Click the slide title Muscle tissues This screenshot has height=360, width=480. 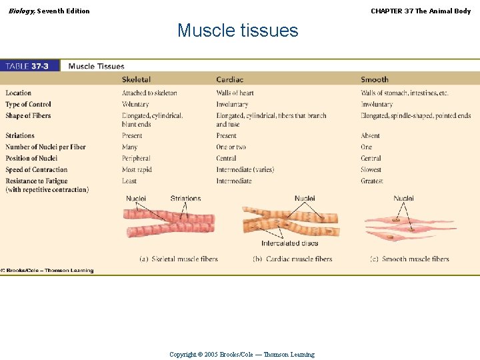[237, 31]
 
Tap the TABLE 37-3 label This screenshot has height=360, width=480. [27, 66]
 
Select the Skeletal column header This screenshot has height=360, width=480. [136, 80]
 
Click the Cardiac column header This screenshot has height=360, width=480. [230, 80]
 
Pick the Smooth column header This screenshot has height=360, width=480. [374, 80]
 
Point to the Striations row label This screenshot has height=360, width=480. [20, 136]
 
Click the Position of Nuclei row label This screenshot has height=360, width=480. [31, 159]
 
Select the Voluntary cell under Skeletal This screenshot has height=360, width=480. [135, 105]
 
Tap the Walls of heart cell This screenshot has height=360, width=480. [235, 93]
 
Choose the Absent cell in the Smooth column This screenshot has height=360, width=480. [370, 136]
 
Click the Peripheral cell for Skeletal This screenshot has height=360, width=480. [136, 159]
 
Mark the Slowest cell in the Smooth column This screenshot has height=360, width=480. [371, 170]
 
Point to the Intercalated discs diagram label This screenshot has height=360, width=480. [289, 243]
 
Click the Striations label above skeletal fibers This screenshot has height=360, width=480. [185, 199]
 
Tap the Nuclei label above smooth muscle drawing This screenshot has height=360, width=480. [403, 199]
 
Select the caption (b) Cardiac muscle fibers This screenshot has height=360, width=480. [292, 259]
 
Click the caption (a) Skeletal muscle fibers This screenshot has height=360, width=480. [178, 259]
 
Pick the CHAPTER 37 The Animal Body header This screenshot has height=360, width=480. [421, 11]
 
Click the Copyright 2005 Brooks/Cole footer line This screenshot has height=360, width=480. [241, 355]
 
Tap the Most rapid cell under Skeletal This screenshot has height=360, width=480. [137, 170]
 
